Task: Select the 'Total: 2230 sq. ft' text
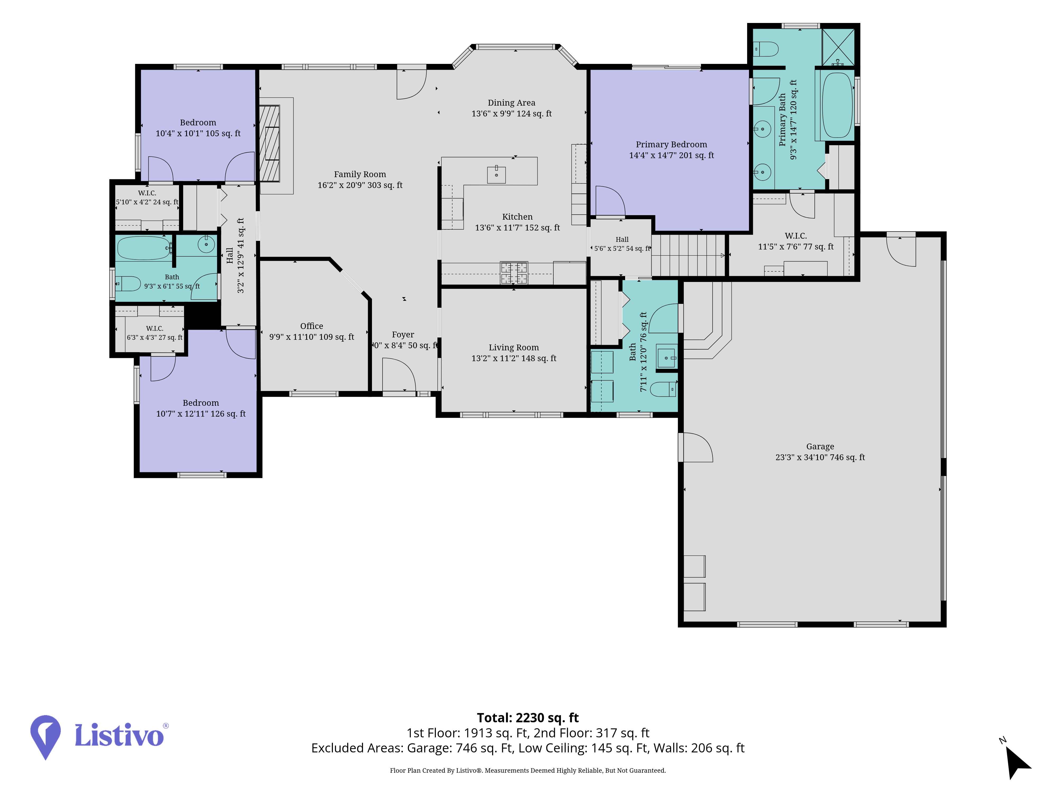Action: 527,718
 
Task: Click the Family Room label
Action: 360,174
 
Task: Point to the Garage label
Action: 820,446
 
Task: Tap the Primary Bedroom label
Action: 671,144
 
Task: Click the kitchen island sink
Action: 497,175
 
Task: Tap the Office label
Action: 312,326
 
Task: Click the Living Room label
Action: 514,347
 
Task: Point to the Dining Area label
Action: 511,103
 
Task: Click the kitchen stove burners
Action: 514,273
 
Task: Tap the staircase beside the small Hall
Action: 689,255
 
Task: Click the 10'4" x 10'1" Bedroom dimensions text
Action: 198,134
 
